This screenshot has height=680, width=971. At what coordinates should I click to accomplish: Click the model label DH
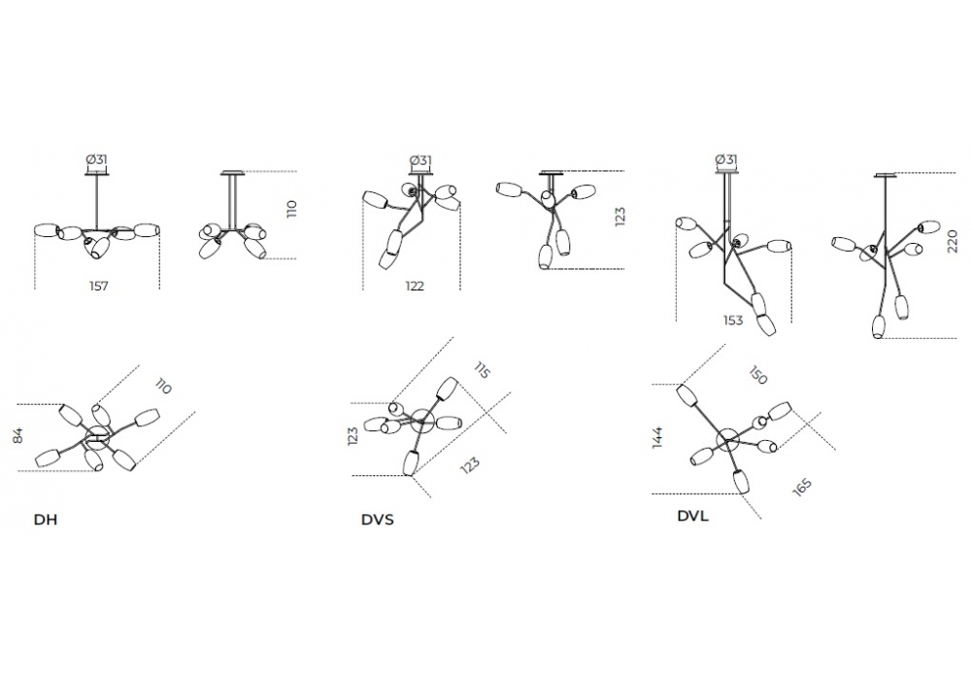(x=46, y=520)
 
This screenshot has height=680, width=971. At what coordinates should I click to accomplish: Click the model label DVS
(x=377, y=520)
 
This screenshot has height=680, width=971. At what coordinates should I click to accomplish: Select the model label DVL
(x=692, y=516)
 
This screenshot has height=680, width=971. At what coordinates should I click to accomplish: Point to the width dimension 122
(x=416, y=287)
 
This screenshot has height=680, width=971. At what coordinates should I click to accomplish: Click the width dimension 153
(x=733, y=320)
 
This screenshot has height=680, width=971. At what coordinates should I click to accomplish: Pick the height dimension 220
(x=952, y=240)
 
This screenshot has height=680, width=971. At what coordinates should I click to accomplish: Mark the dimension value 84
(x=17, y=437)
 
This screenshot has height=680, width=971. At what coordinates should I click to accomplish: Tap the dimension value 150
(x=759, y=377)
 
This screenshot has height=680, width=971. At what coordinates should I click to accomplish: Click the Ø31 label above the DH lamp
(x=96, y=160)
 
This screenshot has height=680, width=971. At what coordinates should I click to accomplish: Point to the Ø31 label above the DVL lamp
(x=725, y=159)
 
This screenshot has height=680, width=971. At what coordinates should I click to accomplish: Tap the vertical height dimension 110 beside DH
(x=291, y=210)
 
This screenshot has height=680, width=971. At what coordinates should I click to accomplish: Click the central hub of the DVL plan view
(x=725, y=441)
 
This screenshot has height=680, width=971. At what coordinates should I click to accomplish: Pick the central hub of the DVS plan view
(x=422, y=422)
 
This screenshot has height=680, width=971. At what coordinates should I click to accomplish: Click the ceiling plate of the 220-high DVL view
(x=886, y=176)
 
